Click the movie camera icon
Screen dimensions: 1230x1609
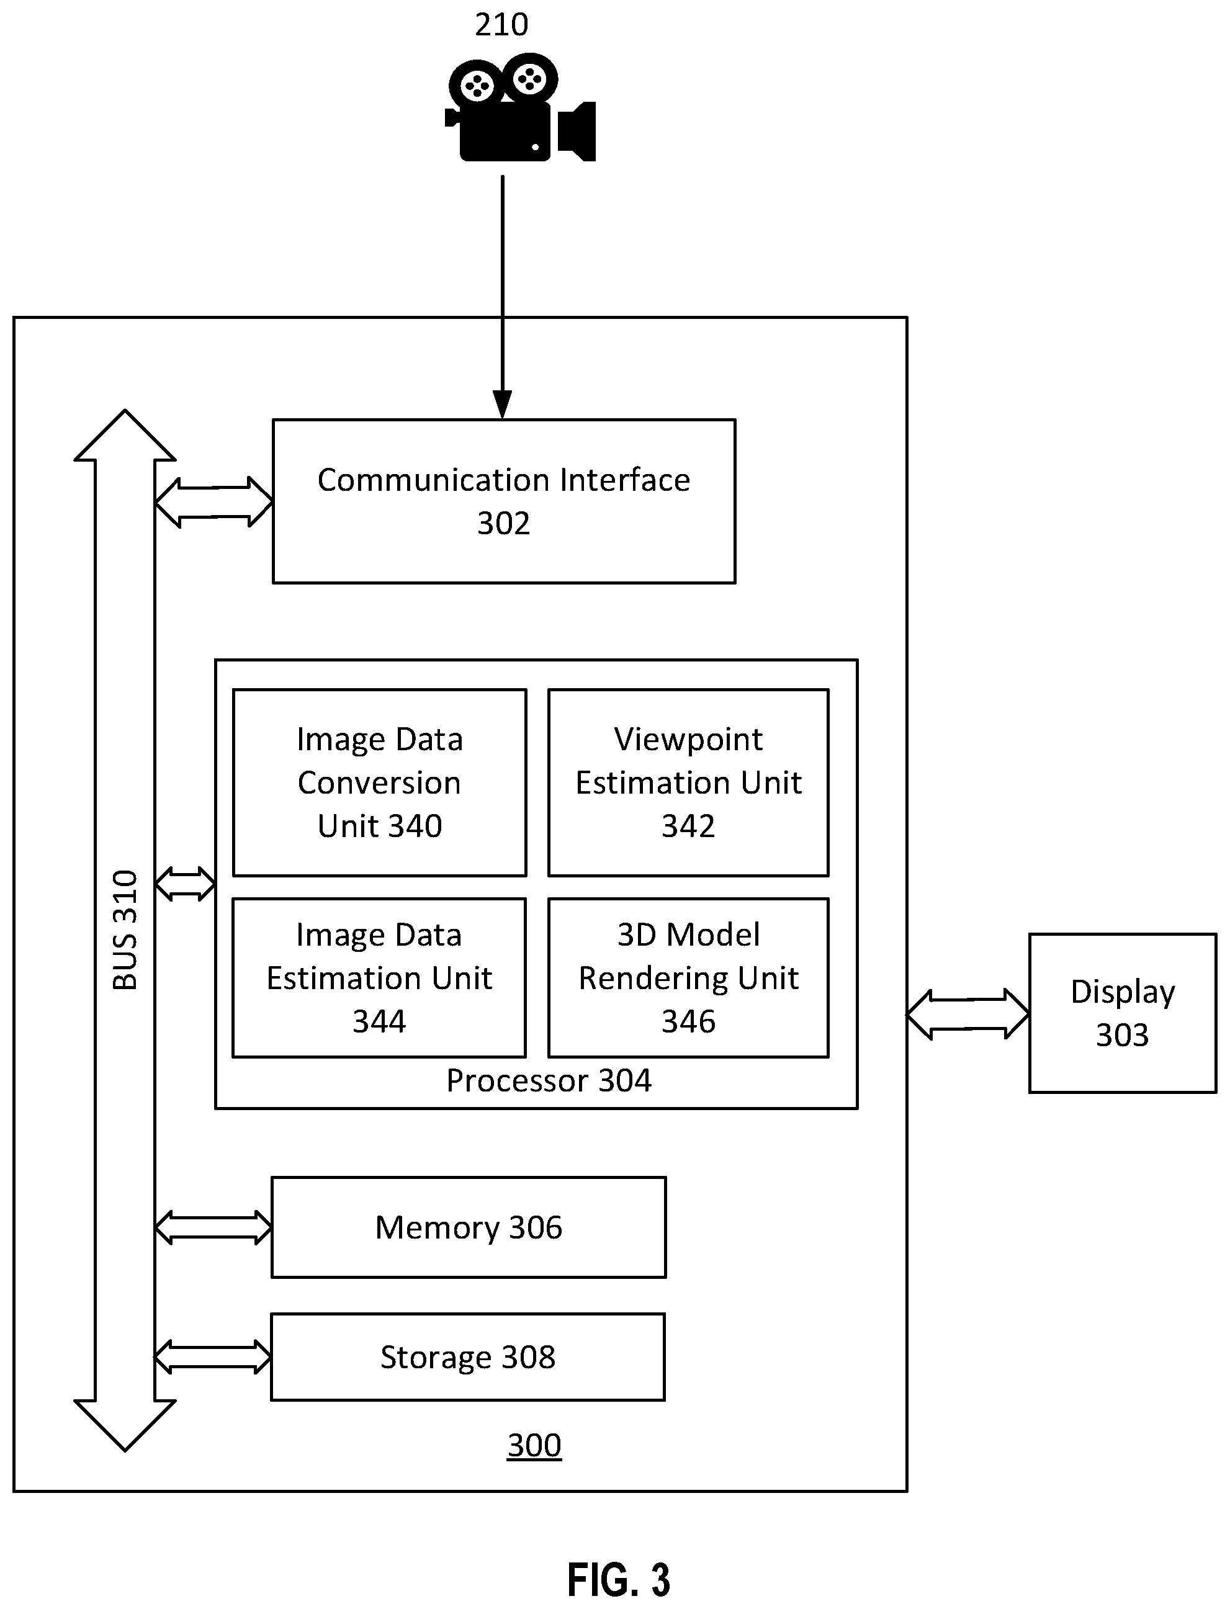(520, 107)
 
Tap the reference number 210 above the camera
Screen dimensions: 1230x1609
(501, 25)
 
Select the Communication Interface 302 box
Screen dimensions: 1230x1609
(504, 501)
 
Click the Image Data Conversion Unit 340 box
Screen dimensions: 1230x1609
(379, 782)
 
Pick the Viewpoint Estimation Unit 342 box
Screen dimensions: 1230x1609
(688, 782)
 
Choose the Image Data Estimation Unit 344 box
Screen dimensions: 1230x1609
(379, 977)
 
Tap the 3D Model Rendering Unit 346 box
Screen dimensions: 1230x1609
(688, 977)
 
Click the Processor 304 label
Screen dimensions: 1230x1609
(549, 1081)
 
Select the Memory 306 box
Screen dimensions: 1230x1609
(469, 1227)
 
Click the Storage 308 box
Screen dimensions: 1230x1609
(468, 1357)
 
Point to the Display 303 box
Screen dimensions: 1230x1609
(1123, 1013)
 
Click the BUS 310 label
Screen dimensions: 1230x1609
(125, 930)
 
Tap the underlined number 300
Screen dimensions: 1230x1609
(534, 1446)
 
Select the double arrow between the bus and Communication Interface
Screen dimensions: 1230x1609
(213, 502)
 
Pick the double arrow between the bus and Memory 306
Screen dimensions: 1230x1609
(213, 1227)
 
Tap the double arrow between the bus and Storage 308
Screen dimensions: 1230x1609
(212, 1357)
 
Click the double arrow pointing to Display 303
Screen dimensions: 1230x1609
(968, 1015)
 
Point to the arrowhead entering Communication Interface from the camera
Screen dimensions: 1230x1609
(502, 404)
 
